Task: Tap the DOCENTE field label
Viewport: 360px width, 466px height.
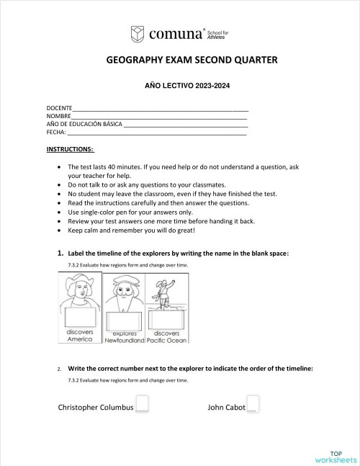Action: [x=59, y=107]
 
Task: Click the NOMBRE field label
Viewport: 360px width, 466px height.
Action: [x=58, y=115]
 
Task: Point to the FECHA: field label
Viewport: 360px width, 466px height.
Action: [x=56, y=132]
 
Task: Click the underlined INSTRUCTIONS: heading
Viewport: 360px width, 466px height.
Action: [x=70, y=149]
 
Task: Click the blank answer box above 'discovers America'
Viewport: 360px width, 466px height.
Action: [x=80, y=317]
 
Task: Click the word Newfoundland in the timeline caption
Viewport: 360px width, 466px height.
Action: [x=125, y=340]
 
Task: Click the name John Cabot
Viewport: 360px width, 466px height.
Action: [x=226, y=407]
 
